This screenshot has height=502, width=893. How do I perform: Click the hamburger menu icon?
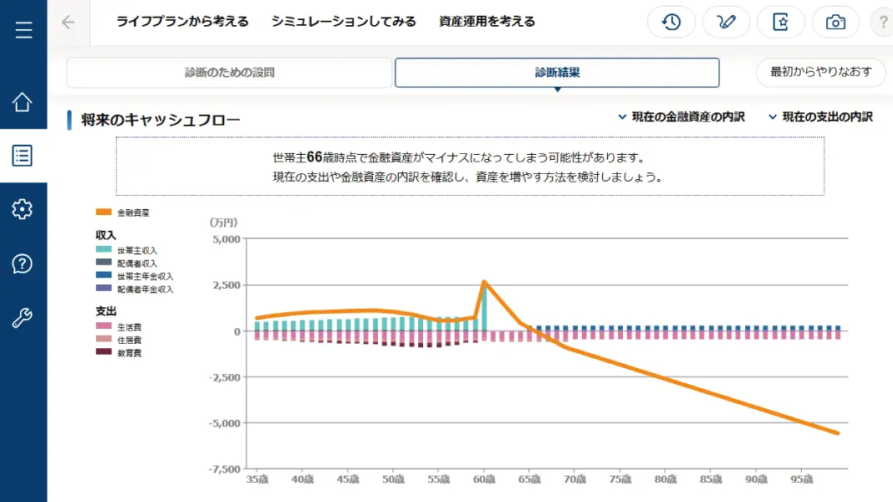(23, 29)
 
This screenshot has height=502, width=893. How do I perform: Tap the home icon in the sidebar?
(23, 102)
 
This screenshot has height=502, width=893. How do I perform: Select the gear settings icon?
(23, 209)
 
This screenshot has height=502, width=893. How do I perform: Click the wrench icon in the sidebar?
(23, 317)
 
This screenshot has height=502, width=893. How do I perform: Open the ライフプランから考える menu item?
(182, 22)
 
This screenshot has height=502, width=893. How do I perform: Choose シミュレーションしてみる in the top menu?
(344, 22)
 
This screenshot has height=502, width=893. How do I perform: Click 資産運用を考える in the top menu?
(487, 22)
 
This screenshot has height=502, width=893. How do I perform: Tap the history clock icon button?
(671, 23)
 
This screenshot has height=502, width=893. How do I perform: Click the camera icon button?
(835, 23)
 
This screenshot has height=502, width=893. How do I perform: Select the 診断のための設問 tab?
(229, 72)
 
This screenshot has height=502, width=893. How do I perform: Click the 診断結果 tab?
(557, 72)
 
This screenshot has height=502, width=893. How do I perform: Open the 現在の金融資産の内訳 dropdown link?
(681, 117)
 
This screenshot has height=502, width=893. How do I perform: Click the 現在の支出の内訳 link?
(820, 117)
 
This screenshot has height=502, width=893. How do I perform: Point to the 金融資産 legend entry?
(122, 213)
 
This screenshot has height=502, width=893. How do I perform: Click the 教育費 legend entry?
(119, 353)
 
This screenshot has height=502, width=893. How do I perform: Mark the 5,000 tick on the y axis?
(226, 239)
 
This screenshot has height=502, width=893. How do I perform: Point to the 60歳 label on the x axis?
(484, 479)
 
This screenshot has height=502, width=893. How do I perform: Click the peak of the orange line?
(484, 281)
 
